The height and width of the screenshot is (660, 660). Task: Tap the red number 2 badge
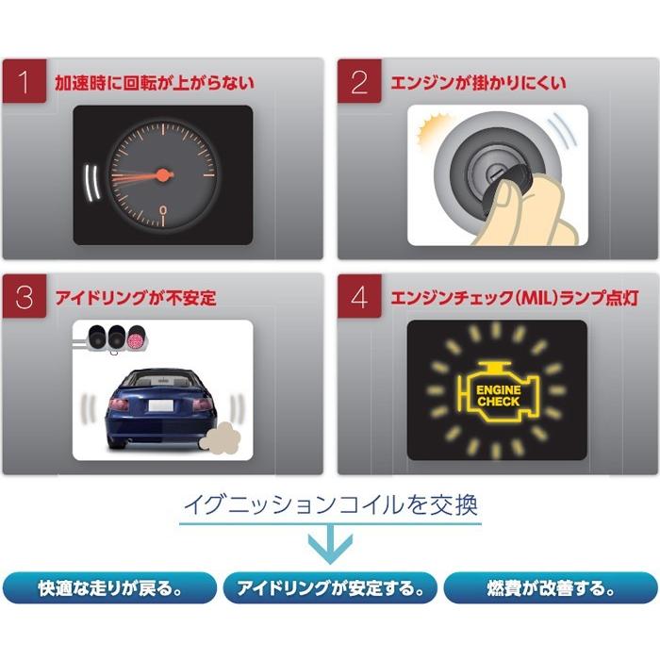click(359, 82)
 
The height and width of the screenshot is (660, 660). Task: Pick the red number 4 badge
click(359, 298)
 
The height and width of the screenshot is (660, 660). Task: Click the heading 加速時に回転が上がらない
click(154, 83)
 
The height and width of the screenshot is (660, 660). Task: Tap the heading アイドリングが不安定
click(136, 299)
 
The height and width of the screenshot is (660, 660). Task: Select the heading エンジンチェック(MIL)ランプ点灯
click(515, 299)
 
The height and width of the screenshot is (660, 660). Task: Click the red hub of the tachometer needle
click(163, 174)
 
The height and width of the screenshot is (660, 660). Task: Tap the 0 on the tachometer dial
click(163, 209)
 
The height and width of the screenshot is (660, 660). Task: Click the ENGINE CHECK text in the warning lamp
click(498, 395)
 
